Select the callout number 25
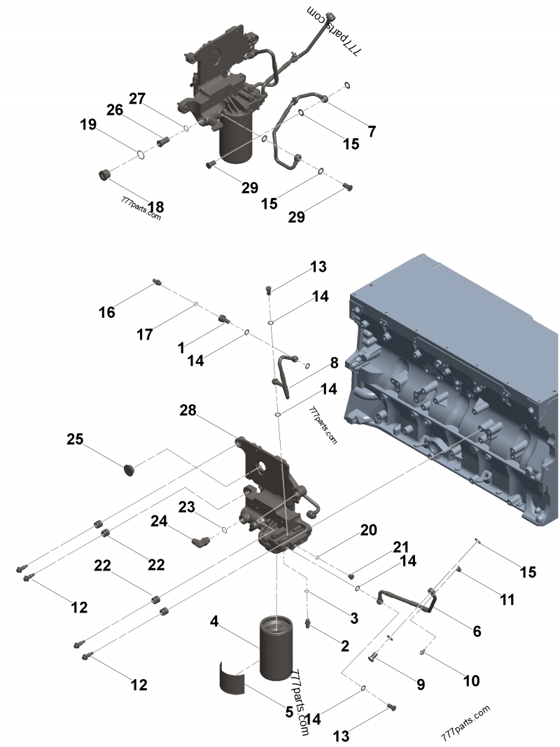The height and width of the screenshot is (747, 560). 75,440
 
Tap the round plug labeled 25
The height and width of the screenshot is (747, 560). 128,468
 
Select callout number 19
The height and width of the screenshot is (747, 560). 87,125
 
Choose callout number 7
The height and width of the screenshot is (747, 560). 372,131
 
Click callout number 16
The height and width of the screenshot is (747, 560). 106,312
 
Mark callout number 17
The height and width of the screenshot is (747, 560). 144,335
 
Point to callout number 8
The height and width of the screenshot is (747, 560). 334,363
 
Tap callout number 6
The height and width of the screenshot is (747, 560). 477,631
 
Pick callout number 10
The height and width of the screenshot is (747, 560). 471,680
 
